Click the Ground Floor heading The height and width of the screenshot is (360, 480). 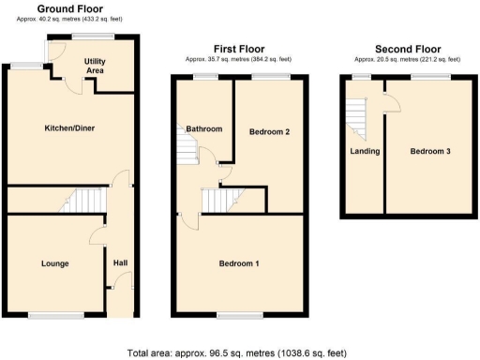[69, 7]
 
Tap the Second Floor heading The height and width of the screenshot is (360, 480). [407, 49]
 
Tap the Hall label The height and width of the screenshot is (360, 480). [120, 263]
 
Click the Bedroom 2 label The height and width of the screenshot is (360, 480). [269, 132]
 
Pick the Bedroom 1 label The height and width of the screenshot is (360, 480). [238, 263]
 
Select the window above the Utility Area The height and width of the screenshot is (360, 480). [90, 37]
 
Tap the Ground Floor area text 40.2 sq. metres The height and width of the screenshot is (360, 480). [69, 18]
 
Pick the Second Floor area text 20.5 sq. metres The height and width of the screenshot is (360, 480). [407, 59]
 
